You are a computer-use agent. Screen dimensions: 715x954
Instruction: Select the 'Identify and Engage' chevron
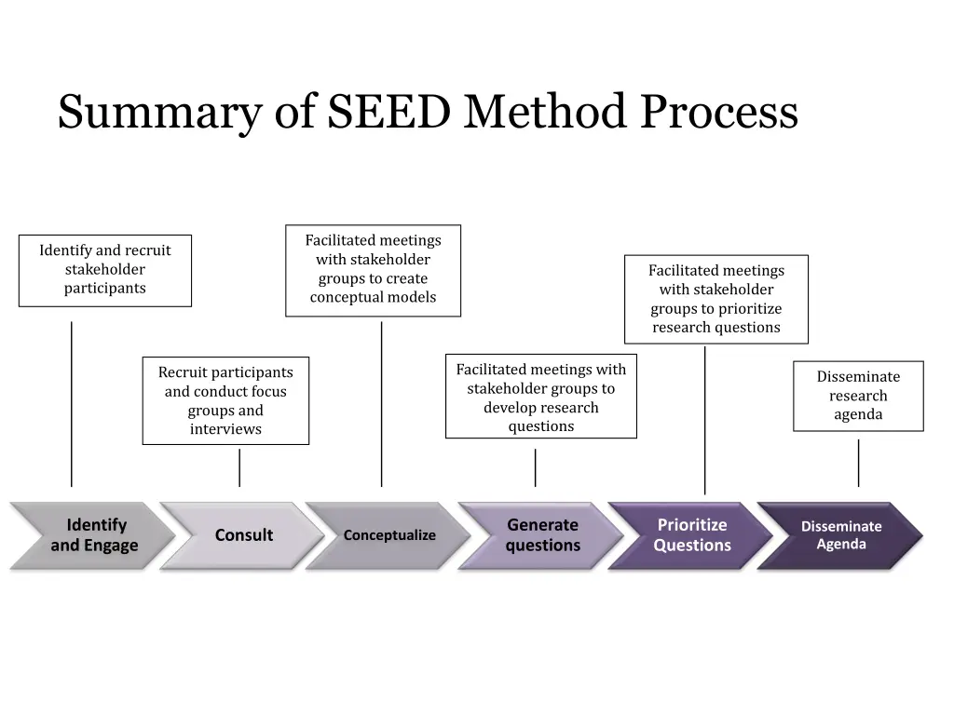(93, 535)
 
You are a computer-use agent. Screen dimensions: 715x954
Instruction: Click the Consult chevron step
(243, 535)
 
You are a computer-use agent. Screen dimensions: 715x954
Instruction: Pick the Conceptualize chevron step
(389, 535)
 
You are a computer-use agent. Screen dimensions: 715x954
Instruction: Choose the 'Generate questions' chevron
(542, 535)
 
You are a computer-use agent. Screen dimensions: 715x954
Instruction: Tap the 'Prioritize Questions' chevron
(691, 535)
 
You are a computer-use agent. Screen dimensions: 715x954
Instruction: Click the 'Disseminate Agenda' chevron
(840, 535)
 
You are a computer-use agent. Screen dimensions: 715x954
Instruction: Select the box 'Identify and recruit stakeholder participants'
(105, 270)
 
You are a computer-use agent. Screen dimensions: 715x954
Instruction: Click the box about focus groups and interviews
(225, 401)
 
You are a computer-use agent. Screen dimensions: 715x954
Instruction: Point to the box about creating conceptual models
(373, 270)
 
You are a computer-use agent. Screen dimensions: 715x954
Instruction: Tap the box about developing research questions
(541, 398)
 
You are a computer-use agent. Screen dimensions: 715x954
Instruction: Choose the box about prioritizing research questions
(716, 299)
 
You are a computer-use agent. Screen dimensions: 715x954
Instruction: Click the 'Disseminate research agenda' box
(858, 396)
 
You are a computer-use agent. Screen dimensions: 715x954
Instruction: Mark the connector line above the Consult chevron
(239, 467)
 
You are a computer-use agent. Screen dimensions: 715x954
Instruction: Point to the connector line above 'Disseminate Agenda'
(858, 463)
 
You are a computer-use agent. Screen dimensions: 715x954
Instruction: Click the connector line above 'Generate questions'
(535, 467)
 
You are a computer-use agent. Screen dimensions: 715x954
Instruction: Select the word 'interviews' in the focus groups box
(225, 429)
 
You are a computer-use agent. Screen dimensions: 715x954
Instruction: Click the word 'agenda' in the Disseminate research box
(858, 414)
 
